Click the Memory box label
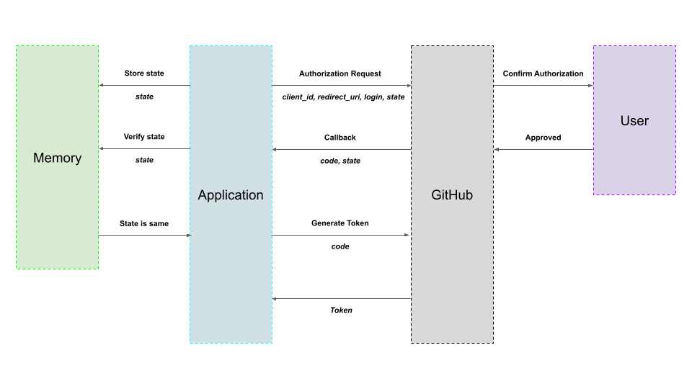57,158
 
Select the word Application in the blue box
231,195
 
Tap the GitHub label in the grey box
452,195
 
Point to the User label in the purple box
634,120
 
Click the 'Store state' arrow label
144,73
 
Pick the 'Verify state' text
144,137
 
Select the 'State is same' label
144,223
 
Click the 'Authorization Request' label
340,73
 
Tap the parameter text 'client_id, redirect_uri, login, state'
343,97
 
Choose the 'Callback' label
340,137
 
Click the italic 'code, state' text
340,161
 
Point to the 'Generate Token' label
340,223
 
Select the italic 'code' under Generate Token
340,246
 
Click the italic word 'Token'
341,310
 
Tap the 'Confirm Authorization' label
544,73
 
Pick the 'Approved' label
544,137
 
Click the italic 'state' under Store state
144,97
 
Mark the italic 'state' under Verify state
144,160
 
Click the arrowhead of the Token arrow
275,298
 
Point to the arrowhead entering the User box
590,86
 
